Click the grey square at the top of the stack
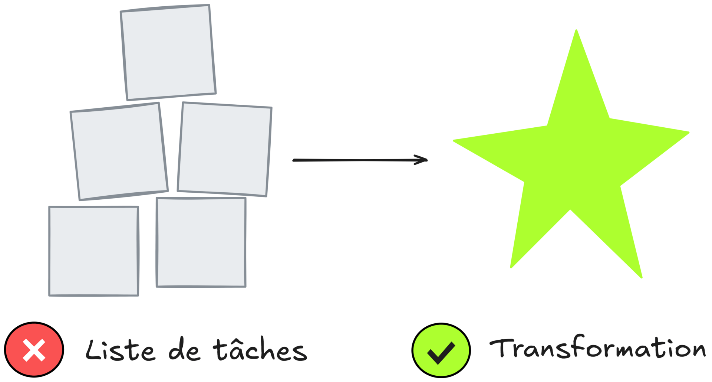tap(168, 52)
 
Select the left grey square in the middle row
tap(119, 151)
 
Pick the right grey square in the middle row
tap(225, 149)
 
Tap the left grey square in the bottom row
tap(93, 251)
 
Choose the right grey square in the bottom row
tap(201, 242)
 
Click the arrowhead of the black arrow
tap(423, 160)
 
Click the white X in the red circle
tap(34, 350)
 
